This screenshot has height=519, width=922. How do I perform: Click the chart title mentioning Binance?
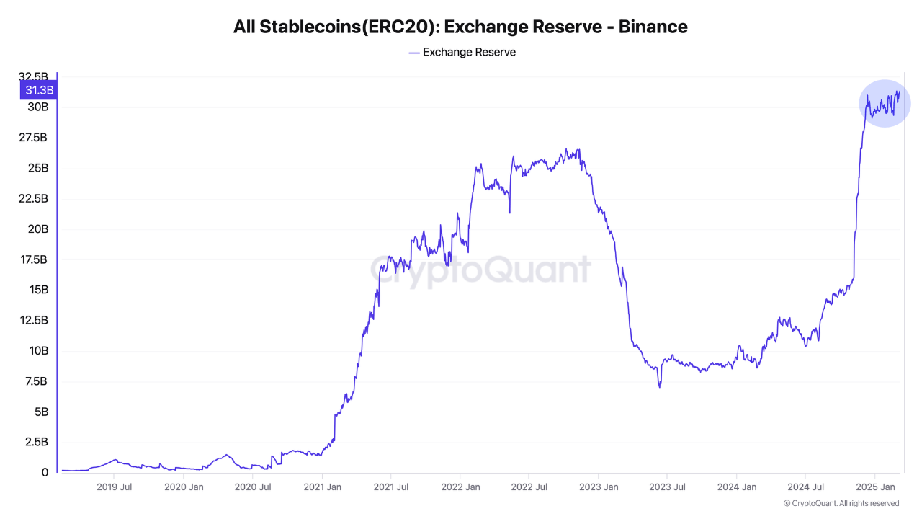[x=460, y=27]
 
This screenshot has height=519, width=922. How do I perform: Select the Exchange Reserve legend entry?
[x=462, y=52]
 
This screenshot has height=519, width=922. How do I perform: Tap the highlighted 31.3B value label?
[x=39, y=90]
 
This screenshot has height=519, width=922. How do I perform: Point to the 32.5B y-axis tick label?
[x=34, y=77]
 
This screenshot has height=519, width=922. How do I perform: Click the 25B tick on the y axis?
[x=37, y=168]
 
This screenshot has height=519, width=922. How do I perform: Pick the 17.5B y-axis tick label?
[x=34, y=259]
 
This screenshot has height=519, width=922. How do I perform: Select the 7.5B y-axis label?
[x=36, y=381]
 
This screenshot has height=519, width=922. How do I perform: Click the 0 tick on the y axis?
[x=45, y=473]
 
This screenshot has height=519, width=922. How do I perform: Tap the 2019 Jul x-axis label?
[x=114, y=487]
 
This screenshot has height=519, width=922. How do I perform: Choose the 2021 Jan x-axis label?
[x=323, y=487]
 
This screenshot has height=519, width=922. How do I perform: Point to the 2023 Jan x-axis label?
[x=599, y=487]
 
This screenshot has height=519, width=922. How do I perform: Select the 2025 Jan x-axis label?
[x=875, y=487]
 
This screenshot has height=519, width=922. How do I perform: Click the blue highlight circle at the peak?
[x=885, y=103]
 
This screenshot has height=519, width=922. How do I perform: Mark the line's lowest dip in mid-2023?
[x=659, y=386]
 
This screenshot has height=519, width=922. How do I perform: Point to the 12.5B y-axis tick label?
[x=34, y=320]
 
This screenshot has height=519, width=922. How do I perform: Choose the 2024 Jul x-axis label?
[x=805, y=487]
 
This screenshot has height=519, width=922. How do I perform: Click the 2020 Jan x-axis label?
[x=184, y=487]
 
